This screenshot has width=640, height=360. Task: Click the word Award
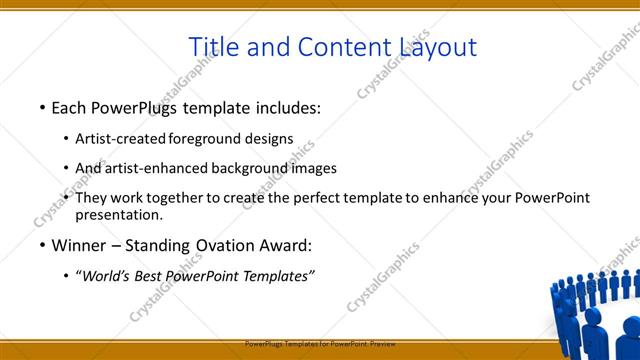click(x=285, y=245)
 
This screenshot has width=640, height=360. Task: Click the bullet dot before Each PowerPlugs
click(x=42, y=106)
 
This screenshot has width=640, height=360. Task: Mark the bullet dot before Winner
click(x=42, y=245)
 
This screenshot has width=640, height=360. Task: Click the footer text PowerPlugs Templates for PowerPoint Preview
click(x=320, y=343)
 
